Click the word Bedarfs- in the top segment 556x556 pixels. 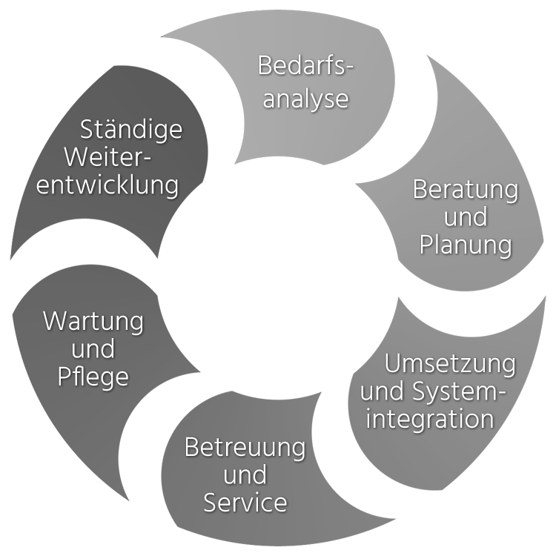coord(305,66)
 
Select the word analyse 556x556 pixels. coord(305,99)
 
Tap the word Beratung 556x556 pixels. coord(465,190)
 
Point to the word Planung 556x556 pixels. coord(465,245)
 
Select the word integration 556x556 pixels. coord(430,419)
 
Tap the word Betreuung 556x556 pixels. coord(245,448)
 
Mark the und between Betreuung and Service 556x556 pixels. coord(245,475)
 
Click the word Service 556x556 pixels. coord(245,503)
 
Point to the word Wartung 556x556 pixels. coord(93,322)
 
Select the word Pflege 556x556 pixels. coord(93,376)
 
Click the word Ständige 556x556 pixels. coord(130,130)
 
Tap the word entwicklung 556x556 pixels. coord(108,185)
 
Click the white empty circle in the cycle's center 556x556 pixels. coord(278,278)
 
